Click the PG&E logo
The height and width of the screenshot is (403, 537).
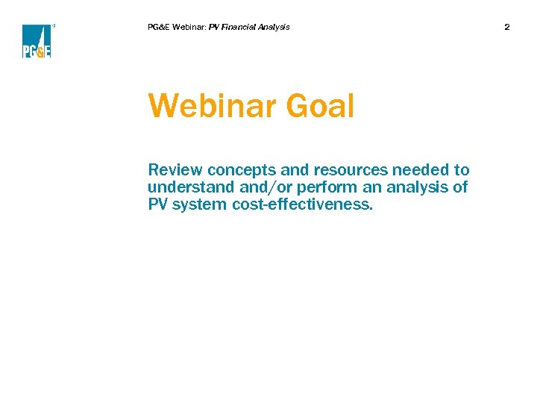pos(37,41)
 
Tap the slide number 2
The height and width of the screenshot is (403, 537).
pos(507,27)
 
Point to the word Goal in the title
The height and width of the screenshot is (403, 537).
pos(319,106)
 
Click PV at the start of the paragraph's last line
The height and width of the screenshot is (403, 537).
pos(157,204)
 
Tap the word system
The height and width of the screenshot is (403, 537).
pos(199,204)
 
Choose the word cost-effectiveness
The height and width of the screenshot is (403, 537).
pos(302,204)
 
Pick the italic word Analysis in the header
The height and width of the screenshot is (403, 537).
pos(273,27)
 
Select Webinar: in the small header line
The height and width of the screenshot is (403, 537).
pos(189,27)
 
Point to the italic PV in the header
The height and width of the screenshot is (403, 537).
pos(214,27)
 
